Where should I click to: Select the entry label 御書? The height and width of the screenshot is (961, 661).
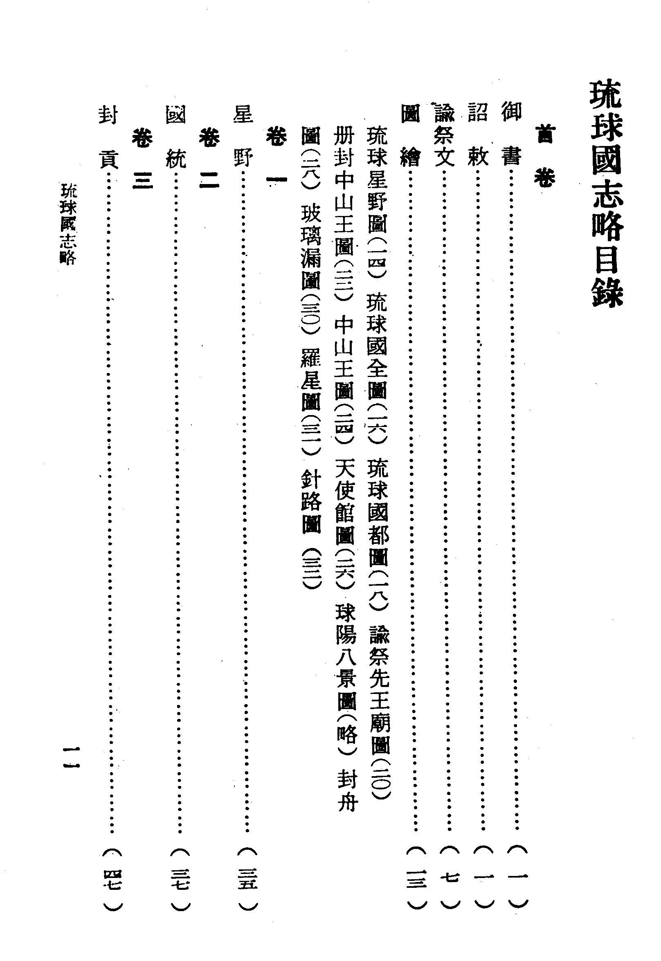511,134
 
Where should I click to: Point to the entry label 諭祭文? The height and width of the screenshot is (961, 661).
444,134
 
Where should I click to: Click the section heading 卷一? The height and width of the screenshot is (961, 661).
276,157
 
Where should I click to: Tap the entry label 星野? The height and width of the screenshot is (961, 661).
243,134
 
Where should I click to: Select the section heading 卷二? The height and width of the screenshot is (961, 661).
209,157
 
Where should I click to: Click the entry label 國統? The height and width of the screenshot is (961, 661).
175,134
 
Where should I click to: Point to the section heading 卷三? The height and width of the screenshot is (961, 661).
142,157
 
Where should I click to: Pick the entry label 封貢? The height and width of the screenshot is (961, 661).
108,134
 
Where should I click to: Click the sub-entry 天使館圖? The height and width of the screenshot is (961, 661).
344,501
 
